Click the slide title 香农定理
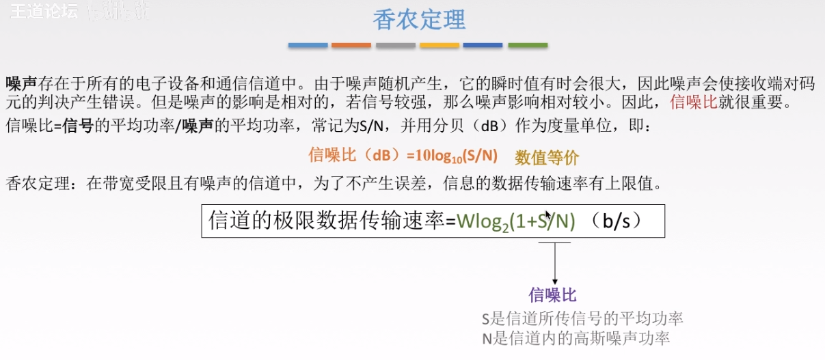pyautogui.click(x=418, y=19)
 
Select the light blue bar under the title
pyautogui.click(x=308, y=46)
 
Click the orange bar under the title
pyautogui.click(x=351, y=46)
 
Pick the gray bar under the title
pyautogui.click(x=395, y=46)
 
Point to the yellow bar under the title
pyautogui.click(x=439, y=46)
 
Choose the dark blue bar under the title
pyautogui.click(x=483, y=46)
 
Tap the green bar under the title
pyautogui.click(x=527, y=46)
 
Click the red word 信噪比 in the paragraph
pyautogui.click(x=692, y=102)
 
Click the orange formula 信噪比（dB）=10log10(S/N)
pyautogui.click(x=403, y=156)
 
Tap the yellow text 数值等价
pyautogui.click(x=547, y=158)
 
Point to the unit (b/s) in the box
pyautogui.click(x=618, y=220)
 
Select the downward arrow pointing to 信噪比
pyautogui.click(x=554, y=263)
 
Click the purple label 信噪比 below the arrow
pyautogui.click(x=553, y=295)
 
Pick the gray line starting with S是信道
pyautogui.click(x=582, y=318)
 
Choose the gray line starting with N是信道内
pyautogui.click(x=575, y=338)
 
